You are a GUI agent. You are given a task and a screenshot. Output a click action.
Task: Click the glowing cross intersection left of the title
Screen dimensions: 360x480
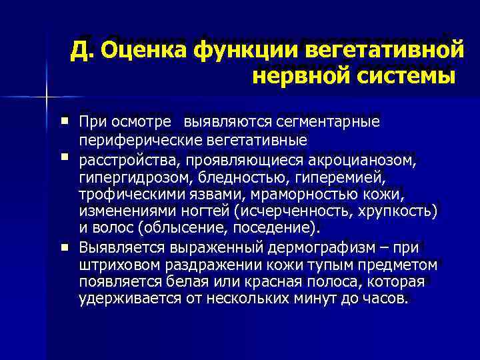point(47,97)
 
